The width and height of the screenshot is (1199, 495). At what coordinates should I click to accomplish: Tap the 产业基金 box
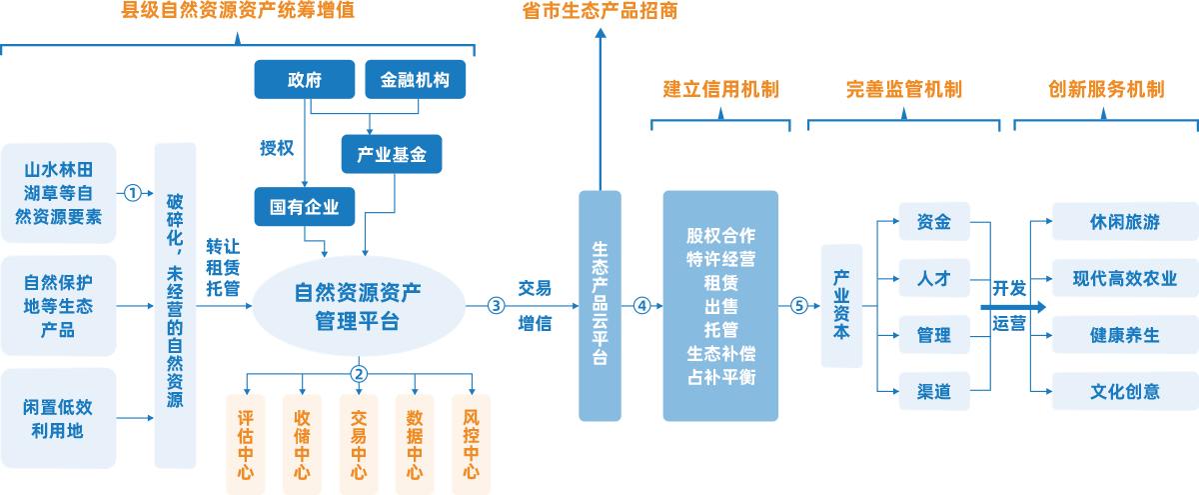(x=392, y=155)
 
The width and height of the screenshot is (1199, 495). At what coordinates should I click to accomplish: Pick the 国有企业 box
(x=305, y=208)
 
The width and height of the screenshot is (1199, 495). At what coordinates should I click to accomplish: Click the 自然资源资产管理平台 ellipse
(x=359, y=307)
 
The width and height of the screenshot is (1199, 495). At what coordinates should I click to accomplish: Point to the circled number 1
(x=131, y=192)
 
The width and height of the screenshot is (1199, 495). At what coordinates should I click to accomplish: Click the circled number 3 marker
(x=496, y=305)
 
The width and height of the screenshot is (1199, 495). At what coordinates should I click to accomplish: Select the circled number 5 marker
(x=798, y=305)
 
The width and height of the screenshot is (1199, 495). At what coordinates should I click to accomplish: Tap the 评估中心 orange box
(x=246, y=445)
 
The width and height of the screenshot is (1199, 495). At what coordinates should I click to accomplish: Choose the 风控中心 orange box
(x=472, y=445)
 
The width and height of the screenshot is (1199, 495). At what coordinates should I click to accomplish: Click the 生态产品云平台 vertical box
(x=599, y=305)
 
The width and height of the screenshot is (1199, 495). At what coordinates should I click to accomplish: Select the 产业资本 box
(x=841, y=305)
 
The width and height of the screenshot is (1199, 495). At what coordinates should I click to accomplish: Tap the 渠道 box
(x=933, y=391)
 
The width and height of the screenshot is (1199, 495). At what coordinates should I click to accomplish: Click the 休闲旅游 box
(x=1125, y=222)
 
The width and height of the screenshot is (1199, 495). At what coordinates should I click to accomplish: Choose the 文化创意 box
(x=1125, y=391)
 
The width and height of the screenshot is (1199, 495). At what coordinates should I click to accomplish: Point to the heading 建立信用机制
(x=720, y=90)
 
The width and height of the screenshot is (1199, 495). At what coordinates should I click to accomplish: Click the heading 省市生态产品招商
(x=599, y=12)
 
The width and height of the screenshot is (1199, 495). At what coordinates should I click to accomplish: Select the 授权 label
(x=277, y=148)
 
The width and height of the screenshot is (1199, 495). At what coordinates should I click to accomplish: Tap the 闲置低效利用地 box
(x=59, y=419)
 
